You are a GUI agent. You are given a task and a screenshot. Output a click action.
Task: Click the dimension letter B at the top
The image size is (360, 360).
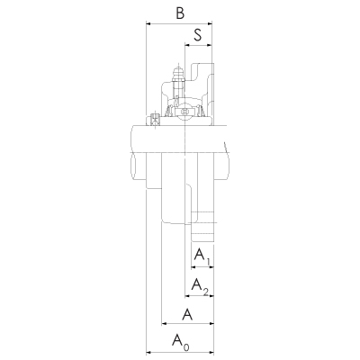click(x=180, y=13)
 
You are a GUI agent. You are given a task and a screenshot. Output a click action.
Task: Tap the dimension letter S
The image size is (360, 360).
click(x=198, y=35)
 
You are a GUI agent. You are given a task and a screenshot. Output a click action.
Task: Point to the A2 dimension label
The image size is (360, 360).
click(x=200, y=286)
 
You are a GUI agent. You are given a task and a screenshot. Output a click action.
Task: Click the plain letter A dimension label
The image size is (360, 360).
click(x=187, y=315)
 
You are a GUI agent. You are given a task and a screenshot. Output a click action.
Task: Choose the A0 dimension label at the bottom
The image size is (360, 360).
click(x=181, y=343)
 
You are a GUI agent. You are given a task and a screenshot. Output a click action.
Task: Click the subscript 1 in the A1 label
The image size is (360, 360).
click(x=207, y=262)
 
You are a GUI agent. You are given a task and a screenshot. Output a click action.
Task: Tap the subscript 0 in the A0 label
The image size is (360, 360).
click(x=186, y=347)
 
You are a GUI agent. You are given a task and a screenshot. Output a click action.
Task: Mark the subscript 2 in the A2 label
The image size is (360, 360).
click(x=205, y=292)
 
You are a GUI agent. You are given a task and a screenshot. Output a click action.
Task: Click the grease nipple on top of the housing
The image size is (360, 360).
click(x=177, y=76)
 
